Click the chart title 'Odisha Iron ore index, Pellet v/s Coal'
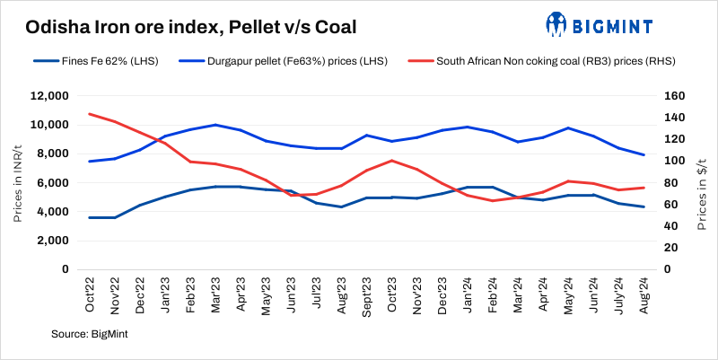click(x=191, y=27)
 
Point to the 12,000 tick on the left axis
click(x=51, y=96)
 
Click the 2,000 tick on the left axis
click(x=54, y=241)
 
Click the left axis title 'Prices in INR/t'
click(x=18, y=183)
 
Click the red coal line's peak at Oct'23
click(x=391, y=161)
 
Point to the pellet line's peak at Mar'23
click(x=215, y=125)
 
